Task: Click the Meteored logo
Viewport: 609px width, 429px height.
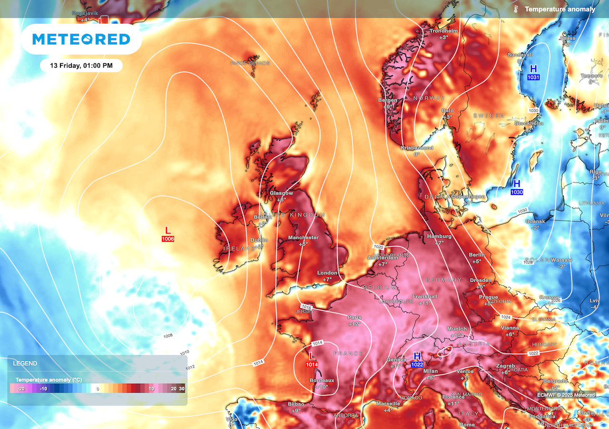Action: click(x=81, y=39)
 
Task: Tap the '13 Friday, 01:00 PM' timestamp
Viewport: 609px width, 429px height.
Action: click(x=81, y=65)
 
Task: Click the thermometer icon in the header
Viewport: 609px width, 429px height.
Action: click(x=515, y=9)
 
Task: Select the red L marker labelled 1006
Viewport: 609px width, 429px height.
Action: click(x=167, y=234)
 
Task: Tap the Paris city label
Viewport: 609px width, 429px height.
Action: click(x=354, y=317)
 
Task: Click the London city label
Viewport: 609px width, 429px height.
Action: click(x=327, y=273)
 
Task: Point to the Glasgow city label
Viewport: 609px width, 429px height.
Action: click(x=281, y=193)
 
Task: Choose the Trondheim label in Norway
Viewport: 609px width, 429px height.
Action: click(x=443, y=31)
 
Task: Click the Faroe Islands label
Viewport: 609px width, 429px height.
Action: click(x=250, y=63)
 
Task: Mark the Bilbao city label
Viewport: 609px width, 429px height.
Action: click(x=296, y=404)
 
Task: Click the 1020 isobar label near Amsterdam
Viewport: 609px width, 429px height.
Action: click(x=378, y=247)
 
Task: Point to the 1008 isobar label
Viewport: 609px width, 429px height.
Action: click(x=168, y=336)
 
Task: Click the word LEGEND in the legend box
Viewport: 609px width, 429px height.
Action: click(x=25, y=363)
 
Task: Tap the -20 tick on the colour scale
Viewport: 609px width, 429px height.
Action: click(x=21, y=389)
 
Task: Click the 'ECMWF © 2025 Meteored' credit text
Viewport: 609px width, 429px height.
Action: click(x=566, y=395)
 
